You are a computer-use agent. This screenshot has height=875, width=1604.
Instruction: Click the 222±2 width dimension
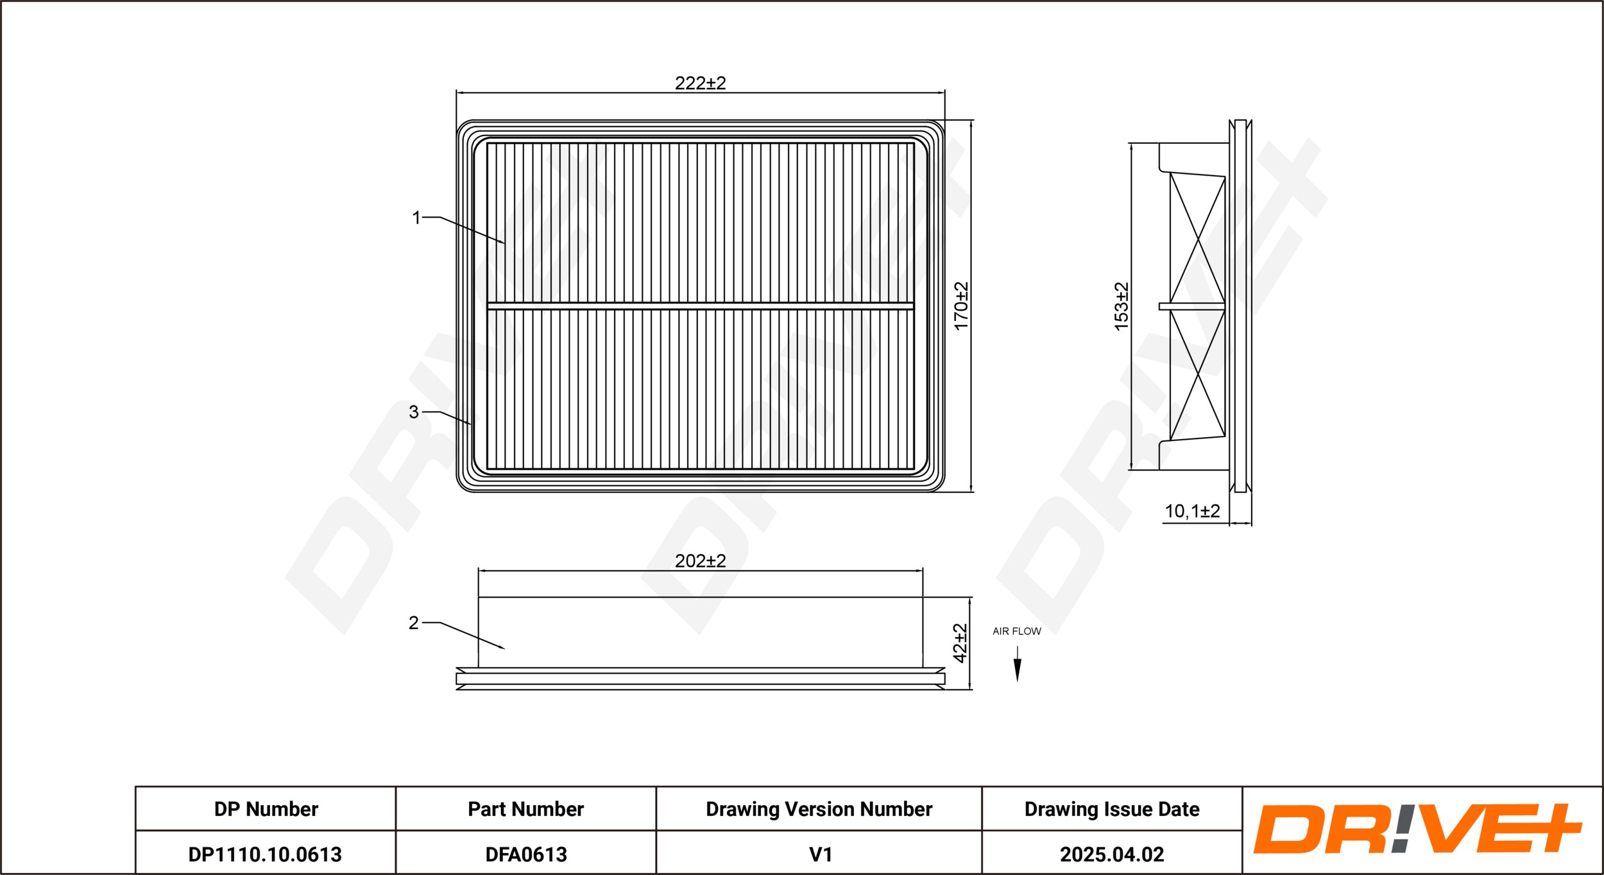coord(700,83)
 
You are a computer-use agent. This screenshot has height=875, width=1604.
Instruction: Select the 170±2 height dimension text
coord(961,306)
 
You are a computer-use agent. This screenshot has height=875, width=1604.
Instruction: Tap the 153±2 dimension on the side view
coord(1121,306)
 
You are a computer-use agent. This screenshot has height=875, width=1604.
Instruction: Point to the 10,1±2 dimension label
coord(1192,511)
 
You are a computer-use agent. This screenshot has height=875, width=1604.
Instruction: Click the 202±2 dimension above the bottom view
coord(700,561)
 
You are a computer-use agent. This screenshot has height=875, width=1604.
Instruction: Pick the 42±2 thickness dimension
coord(960,643)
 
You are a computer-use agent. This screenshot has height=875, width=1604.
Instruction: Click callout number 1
coord(416,218)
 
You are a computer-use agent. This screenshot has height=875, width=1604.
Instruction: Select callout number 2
coord(414,623)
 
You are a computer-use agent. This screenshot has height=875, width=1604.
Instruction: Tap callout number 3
coord(414,412)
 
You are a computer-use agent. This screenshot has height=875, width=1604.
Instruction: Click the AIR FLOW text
coord(1017,631)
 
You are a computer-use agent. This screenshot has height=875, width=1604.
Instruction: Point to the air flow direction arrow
coord(1017,664)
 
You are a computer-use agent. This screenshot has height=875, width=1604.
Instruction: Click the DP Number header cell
coord(266,809)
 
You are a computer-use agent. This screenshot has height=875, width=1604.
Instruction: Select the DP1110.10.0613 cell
coord(265,854)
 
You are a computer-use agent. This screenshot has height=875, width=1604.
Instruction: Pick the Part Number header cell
coord(525,809)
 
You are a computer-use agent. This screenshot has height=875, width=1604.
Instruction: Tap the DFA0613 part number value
coord(526,854)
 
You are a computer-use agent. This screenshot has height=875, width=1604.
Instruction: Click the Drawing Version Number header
coord(819,809)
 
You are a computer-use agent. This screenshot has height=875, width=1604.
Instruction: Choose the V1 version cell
coord(821,854)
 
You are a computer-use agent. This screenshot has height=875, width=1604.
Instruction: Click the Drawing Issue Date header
coord(1112,809)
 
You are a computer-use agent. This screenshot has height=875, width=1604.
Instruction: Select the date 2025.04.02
coord(1112,854)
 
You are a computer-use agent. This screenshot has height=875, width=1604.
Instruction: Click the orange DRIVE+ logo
coord(1417,829)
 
